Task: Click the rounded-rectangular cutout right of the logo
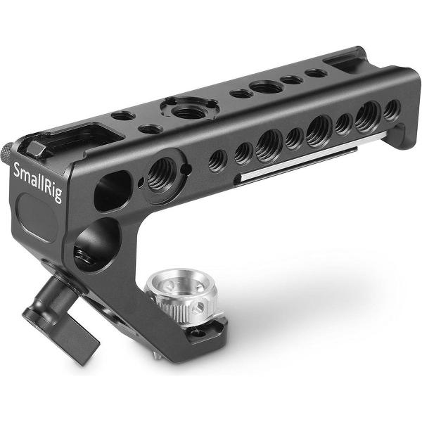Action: pos(113,190)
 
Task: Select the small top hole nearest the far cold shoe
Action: pos(316,72)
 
